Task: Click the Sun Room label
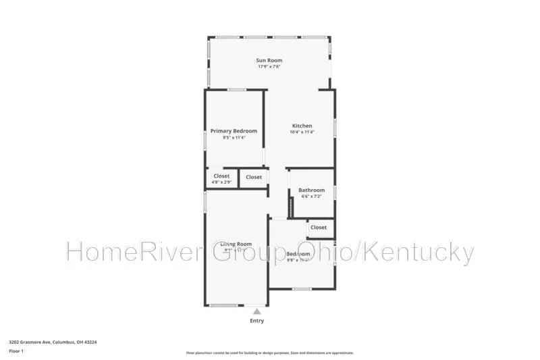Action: tap(269, 60)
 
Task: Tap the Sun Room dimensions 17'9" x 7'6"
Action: tap(269, 67)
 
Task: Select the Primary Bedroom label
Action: tap(234, 131)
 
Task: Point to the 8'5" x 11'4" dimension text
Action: tap(234, 138)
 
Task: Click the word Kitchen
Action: tap(302, 126)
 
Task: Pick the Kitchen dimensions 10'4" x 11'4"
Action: tap(302, 132)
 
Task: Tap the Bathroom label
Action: tap(312, 190)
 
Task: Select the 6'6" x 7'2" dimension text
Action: tap(312, 197)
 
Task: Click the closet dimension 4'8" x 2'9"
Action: tap(221, 183)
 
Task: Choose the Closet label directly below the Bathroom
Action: tap(319, 228)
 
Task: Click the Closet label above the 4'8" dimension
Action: tap(221, 176)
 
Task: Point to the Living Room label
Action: tap(236, 244)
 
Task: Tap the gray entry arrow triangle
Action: tap(256, 311)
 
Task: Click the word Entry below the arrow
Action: tap(256, 321)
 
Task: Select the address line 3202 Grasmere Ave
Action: tap(53, 342)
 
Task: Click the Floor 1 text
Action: tap(16, 351)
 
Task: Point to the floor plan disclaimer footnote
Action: tap(269, 353)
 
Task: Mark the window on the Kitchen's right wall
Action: tap(335, 129)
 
